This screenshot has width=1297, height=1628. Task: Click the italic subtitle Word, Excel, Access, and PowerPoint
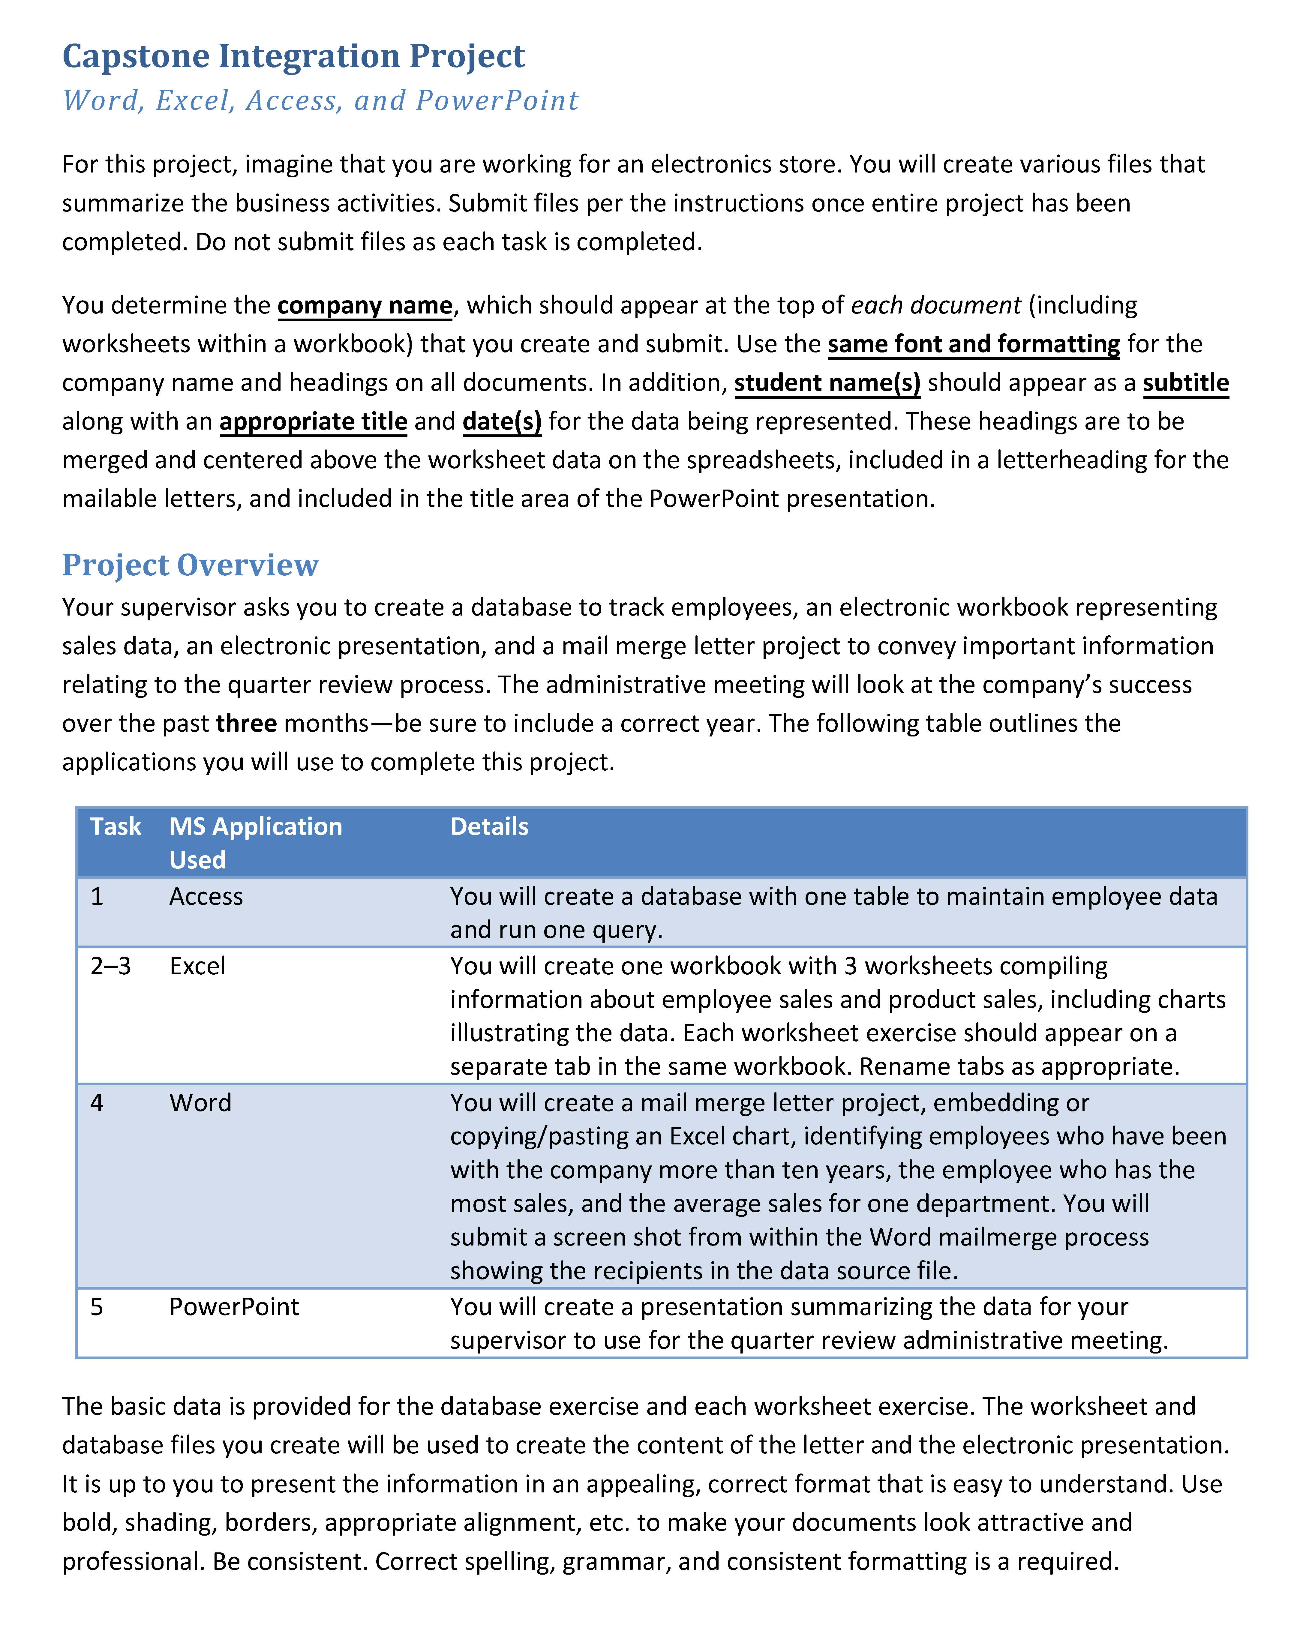coord(320,100)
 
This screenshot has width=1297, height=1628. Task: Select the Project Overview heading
coord(190,565)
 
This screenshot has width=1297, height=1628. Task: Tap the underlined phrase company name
coord(365,305)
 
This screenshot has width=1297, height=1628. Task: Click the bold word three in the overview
coord(246,723)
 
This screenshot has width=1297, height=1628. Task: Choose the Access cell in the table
coord(206,896)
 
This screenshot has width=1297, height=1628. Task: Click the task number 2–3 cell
coord(110,966)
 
